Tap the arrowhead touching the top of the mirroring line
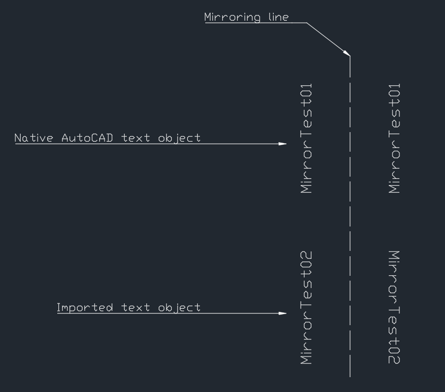tap(347, 53)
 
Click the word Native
tap(34, 138)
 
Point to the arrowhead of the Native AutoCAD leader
tap(283, 144)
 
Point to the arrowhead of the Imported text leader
tap(283, 313)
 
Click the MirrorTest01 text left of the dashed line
tap(306, 138)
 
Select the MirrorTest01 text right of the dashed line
tap(395, 138)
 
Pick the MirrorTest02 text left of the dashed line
tap(306, 308)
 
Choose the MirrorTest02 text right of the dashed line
tap(395, 308)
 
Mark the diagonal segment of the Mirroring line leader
tap(327, 38)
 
